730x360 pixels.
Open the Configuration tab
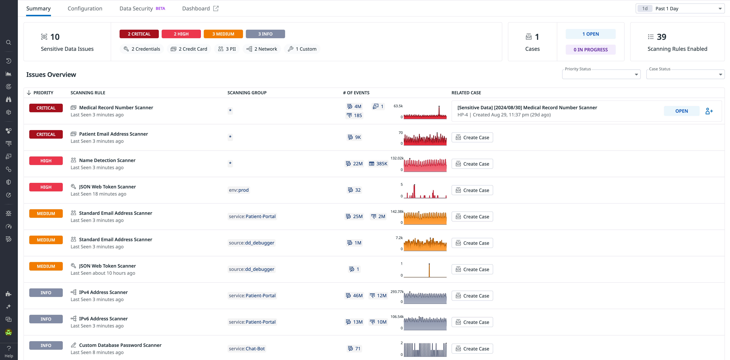pos(85,9)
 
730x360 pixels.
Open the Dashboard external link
pos(200,9)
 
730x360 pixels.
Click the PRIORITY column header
pos(43,93)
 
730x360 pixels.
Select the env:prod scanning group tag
pos(239,190)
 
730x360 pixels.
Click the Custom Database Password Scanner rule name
pos(120,345)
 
